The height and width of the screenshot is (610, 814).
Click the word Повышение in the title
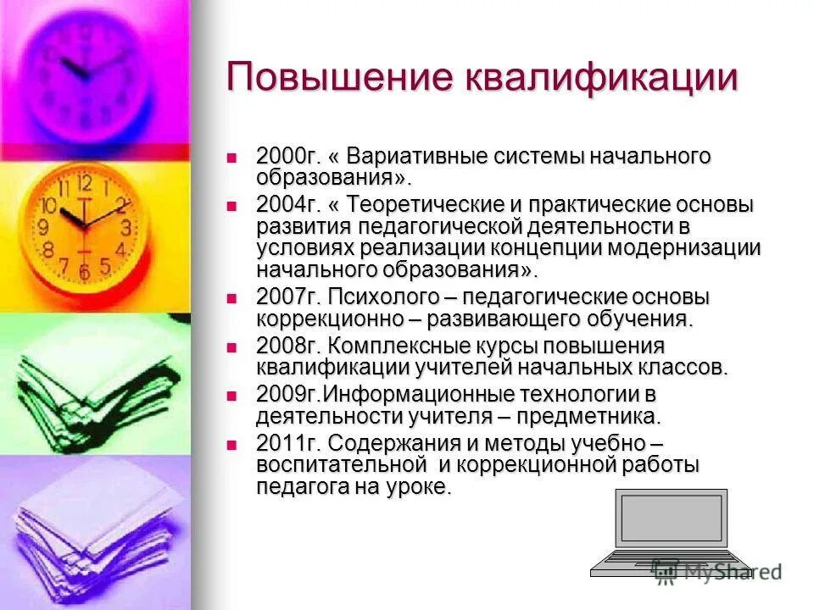click(339, 78)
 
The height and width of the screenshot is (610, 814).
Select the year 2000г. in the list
click(284, 158)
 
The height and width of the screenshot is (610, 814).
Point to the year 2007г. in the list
click(284, 298)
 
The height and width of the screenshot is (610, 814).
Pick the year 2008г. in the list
click(284, 347)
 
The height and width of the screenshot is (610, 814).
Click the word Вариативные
click(428, 158)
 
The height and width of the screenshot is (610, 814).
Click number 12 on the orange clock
click(85, 182)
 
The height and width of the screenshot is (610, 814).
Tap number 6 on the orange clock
click(83, 272)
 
